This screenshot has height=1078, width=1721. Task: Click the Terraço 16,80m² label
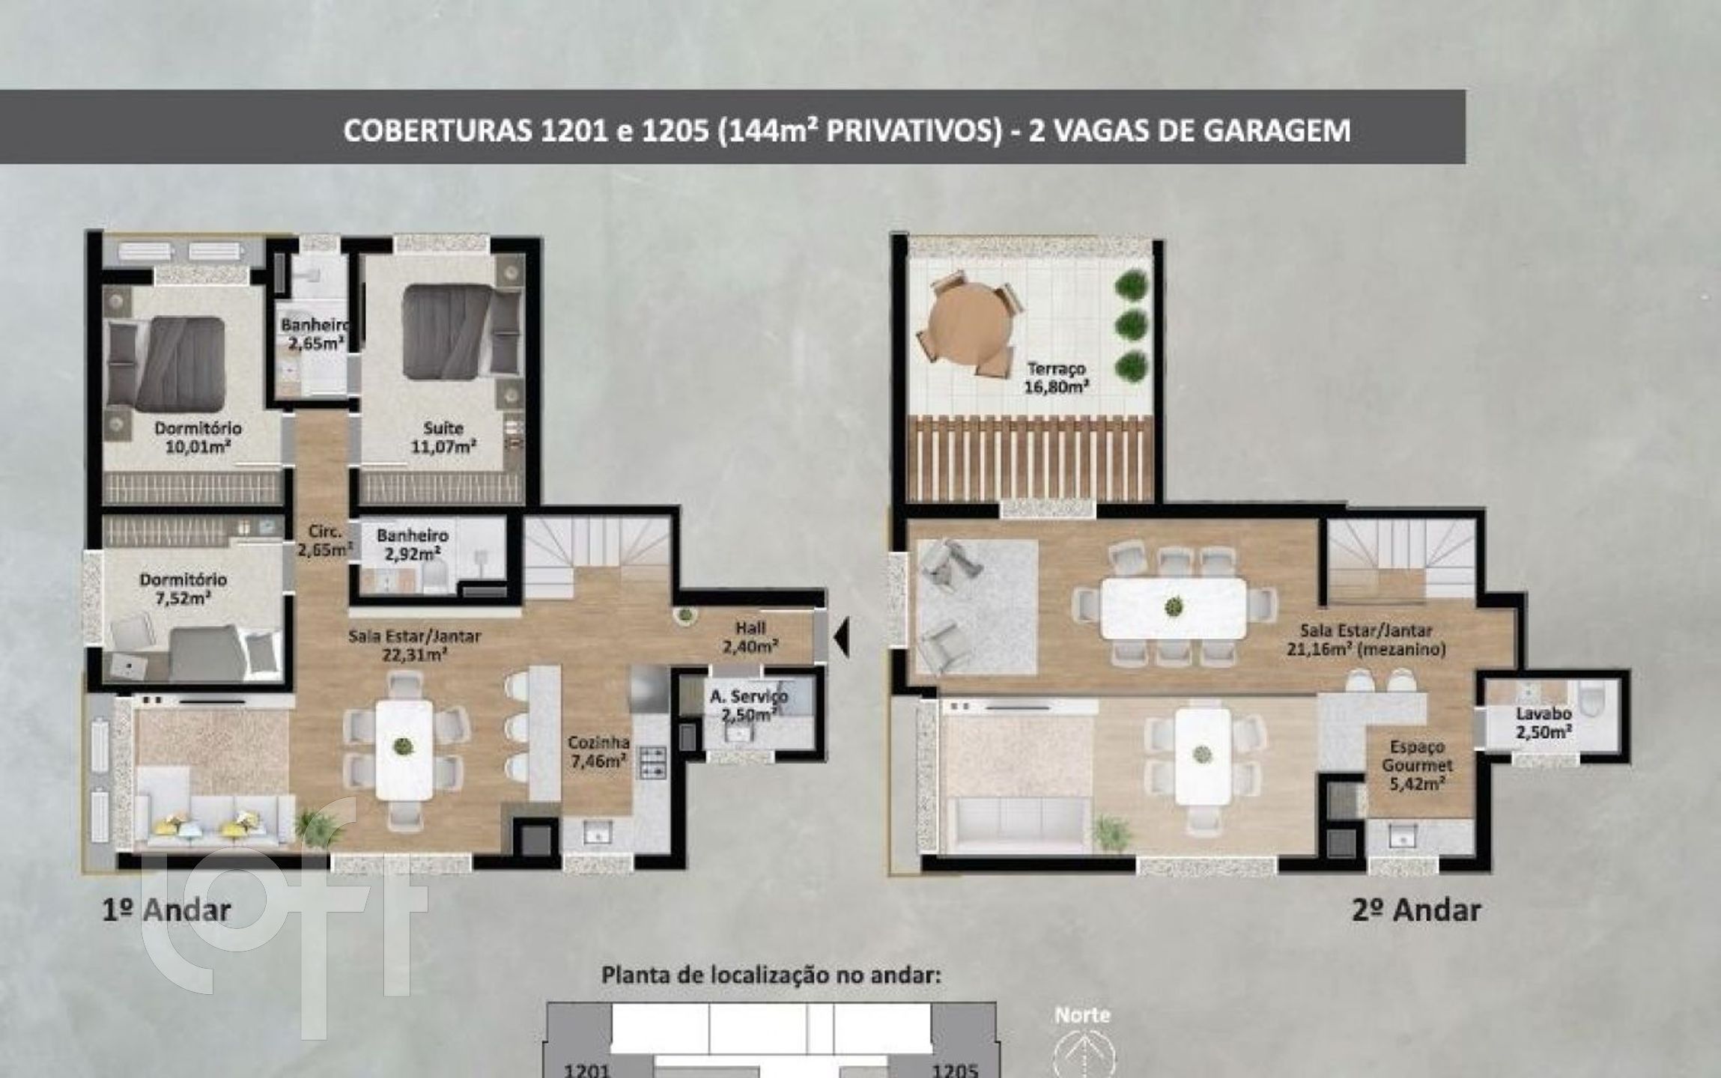(1056, 378)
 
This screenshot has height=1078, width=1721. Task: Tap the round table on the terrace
(972, 326)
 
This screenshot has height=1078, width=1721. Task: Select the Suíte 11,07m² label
(443, 438)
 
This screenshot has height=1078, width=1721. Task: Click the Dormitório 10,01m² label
(198, 438)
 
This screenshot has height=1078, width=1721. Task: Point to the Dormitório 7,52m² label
(183, 588)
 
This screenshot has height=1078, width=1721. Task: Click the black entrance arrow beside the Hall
(841, 636)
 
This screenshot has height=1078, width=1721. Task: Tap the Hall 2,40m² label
(750, 637)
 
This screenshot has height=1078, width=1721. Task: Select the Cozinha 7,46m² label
(598, 752)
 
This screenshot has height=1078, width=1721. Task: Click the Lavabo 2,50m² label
(1544, 722)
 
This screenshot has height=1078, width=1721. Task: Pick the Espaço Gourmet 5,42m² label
(1417, 765)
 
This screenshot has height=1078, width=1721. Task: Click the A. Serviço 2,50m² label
(748, 705)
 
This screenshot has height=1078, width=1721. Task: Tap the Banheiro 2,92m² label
(413, 544)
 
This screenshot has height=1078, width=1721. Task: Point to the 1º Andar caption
(166, 910)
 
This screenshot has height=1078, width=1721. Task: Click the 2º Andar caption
(1417, 910)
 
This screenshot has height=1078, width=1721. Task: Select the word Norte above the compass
(1082, 1015)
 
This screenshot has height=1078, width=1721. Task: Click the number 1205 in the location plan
(956, 1069)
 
